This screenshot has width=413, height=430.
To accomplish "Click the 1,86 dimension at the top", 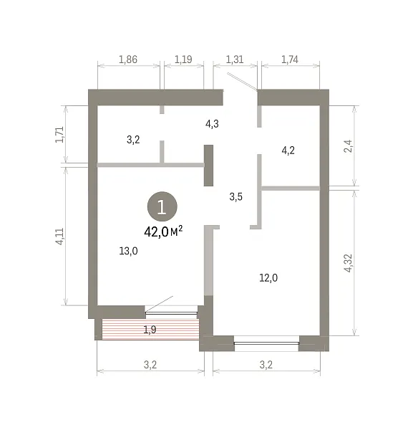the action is tap(128, 59).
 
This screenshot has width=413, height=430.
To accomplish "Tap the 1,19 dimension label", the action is tap(183, 59).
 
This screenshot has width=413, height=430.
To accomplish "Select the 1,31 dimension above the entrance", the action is tap(235, 59).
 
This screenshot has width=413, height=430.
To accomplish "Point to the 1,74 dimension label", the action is tap(290, 59).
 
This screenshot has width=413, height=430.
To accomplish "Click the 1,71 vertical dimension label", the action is tap(59, 135).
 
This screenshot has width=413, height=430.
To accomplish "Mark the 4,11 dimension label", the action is tap(59, 236).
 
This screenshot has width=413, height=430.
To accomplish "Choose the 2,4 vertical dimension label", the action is tap(348, 146).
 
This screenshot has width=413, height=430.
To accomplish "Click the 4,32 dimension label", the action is tap(348, 263).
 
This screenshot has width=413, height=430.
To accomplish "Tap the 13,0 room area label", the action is tap(128, 251).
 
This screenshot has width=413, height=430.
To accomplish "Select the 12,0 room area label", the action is tap(268, 278).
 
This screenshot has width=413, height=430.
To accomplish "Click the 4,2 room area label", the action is tap(288, 150).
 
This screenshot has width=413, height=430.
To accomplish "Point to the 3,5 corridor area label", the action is tap(235, 196).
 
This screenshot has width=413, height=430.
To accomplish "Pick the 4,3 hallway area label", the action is tap(212, 124).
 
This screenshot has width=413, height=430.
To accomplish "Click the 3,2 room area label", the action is tap(133, 140).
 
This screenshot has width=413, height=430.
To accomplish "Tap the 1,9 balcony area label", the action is tap(150, 330).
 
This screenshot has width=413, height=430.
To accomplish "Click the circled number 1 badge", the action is tap(162, 206).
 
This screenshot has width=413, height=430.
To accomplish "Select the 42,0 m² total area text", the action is tap(163, 231).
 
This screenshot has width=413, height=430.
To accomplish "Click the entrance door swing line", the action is tap(242, 81).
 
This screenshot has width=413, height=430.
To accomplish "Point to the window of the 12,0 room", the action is tap(266, 343).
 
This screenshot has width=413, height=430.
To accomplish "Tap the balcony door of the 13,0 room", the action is tap(172, 312).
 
